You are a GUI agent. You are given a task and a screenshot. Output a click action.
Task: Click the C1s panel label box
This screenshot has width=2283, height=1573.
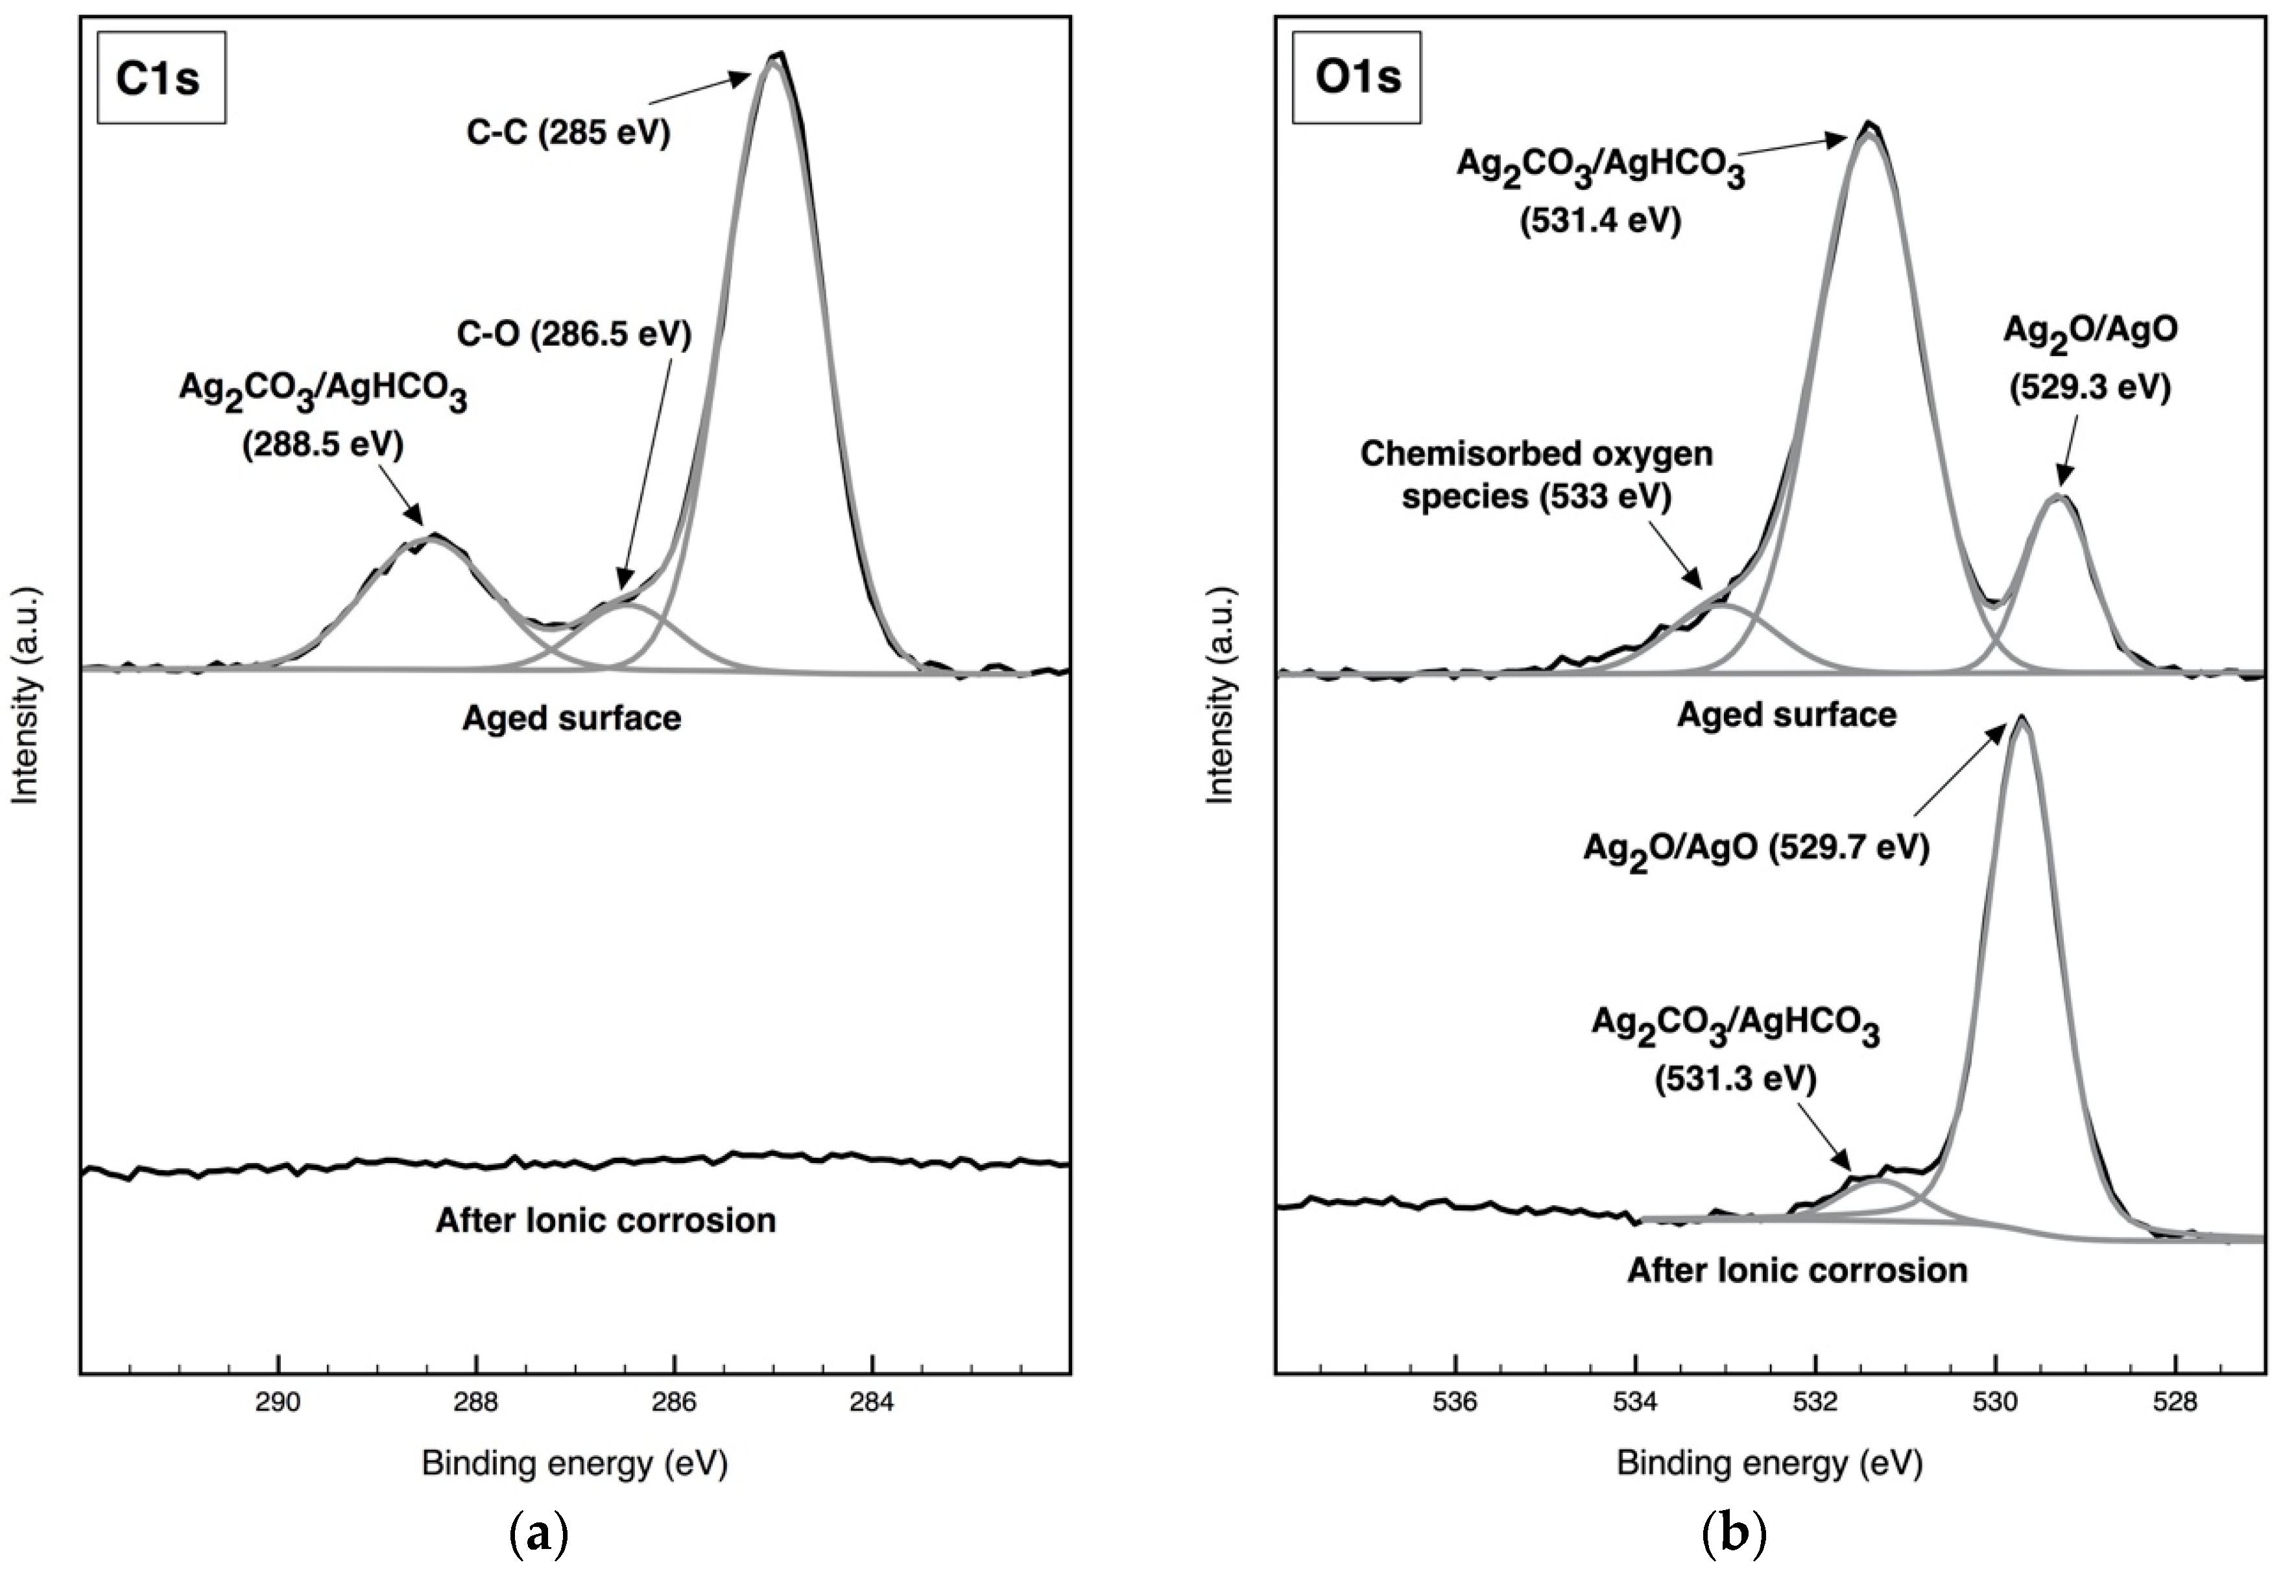pos(161,77)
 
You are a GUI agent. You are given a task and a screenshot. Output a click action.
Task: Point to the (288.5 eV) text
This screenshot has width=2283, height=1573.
pos(323,444)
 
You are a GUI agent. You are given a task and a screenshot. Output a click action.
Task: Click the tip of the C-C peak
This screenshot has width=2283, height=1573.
pos(778,55)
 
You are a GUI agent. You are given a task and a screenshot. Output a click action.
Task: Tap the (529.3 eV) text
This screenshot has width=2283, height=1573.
pos(2090,387)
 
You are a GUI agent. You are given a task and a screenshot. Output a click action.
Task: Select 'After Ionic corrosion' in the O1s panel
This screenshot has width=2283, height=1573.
pos(1797,1269)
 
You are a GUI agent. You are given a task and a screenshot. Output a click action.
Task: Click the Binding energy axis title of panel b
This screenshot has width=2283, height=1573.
pos(1769,1463)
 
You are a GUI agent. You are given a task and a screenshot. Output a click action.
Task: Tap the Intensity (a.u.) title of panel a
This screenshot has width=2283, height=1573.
pos(25,694)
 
